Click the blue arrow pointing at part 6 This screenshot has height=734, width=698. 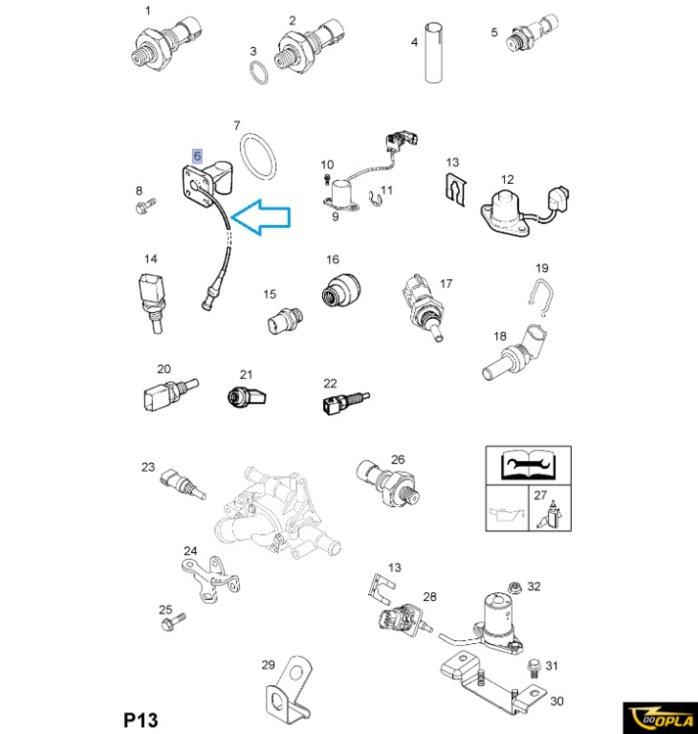[260, 217]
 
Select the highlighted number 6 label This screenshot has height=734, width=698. [198, 156]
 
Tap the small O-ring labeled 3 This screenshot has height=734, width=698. [257, 72]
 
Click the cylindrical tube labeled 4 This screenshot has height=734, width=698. [434, 53]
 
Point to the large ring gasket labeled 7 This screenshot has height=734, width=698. [257, 157]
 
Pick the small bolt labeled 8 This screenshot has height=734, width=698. [146, 206]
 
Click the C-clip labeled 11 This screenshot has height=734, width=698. [375, 199]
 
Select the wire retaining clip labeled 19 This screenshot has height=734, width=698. [541, 298]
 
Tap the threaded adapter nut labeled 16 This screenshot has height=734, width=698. [342, 290]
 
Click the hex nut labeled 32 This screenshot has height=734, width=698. [515, 587]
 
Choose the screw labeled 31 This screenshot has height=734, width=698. [534, 668]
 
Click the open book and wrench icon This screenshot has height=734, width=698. [528, 465]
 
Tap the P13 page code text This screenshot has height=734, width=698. [141, 719]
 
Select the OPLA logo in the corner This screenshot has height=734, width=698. [661, 717]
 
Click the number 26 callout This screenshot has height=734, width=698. [397, 459]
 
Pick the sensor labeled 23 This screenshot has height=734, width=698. [182, 483]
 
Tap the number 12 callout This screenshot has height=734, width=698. [507, 179]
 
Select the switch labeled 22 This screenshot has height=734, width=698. [346, 402]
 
